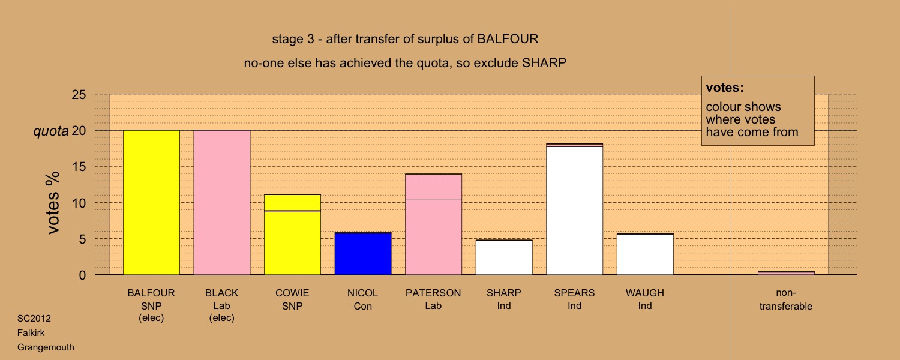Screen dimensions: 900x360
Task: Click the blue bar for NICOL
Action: [x=363, y=254]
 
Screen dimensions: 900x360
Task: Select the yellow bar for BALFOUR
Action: [x=151, y=203]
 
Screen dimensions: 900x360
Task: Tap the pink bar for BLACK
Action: [x=222, y=203]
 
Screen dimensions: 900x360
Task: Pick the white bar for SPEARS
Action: [x=575, y=209]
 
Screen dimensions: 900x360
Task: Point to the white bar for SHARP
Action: [x=504, y=257]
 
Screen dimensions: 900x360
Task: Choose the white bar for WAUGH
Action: [x=645, y=254]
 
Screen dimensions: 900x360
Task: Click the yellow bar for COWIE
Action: [x=292, y=235]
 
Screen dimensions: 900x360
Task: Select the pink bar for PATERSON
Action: [x=433, y=224]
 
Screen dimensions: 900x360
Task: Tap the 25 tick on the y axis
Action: [x=79, y=94]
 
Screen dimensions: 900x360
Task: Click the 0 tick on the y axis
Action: [x=82, y=275]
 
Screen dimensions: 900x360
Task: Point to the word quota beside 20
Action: [x=50, y=131]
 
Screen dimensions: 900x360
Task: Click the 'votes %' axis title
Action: [x=53, y=203]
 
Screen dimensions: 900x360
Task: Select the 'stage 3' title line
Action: [x=405, y=39]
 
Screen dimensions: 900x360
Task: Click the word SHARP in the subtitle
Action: [x=544, y=63]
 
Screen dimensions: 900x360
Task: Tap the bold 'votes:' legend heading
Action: [x=725, y=88]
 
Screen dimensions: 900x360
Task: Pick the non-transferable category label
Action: [x=786, y=299]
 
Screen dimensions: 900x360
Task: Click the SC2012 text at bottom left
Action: [x=34, y=319]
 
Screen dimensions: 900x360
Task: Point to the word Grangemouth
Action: [x=46, y=347]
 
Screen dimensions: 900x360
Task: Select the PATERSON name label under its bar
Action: [x=433, y=293]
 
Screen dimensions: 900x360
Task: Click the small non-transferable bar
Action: [x=786, y=273]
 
